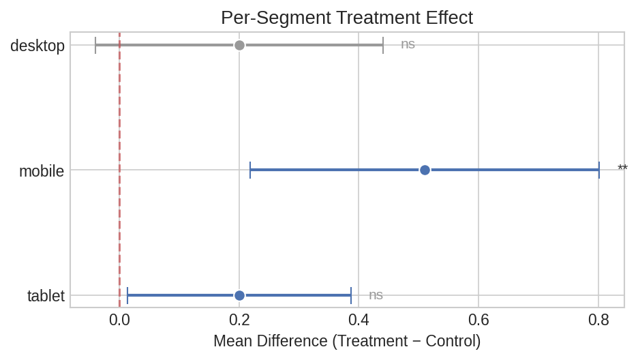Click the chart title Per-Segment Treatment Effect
[x=346, y=18]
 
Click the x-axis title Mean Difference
[x=346, y=341]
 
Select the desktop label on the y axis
[x=37, y=46]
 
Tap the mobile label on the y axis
[x=42, y=171]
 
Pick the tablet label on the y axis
[x=46, y=296]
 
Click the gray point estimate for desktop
[x=239, y=45]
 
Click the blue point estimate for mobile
[x=425, y=170]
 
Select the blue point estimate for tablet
[x=239, y=295]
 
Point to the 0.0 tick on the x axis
[x=119, y=319]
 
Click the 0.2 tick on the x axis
[x=239, y=319]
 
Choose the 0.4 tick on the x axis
[x=359, y=319]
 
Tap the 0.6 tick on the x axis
[x=478, y=319]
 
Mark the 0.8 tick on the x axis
[x=598, y=319]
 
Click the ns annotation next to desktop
[x=408, y=44]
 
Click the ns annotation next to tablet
[x=376, y=295]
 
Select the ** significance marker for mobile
[x=622, y=169]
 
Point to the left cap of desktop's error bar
[x=95, y=45]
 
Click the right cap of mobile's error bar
[x=599, y=170]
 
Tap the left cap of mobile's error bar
[x=250, y=170]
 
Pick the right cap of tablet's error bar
[x=351, y=295]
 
